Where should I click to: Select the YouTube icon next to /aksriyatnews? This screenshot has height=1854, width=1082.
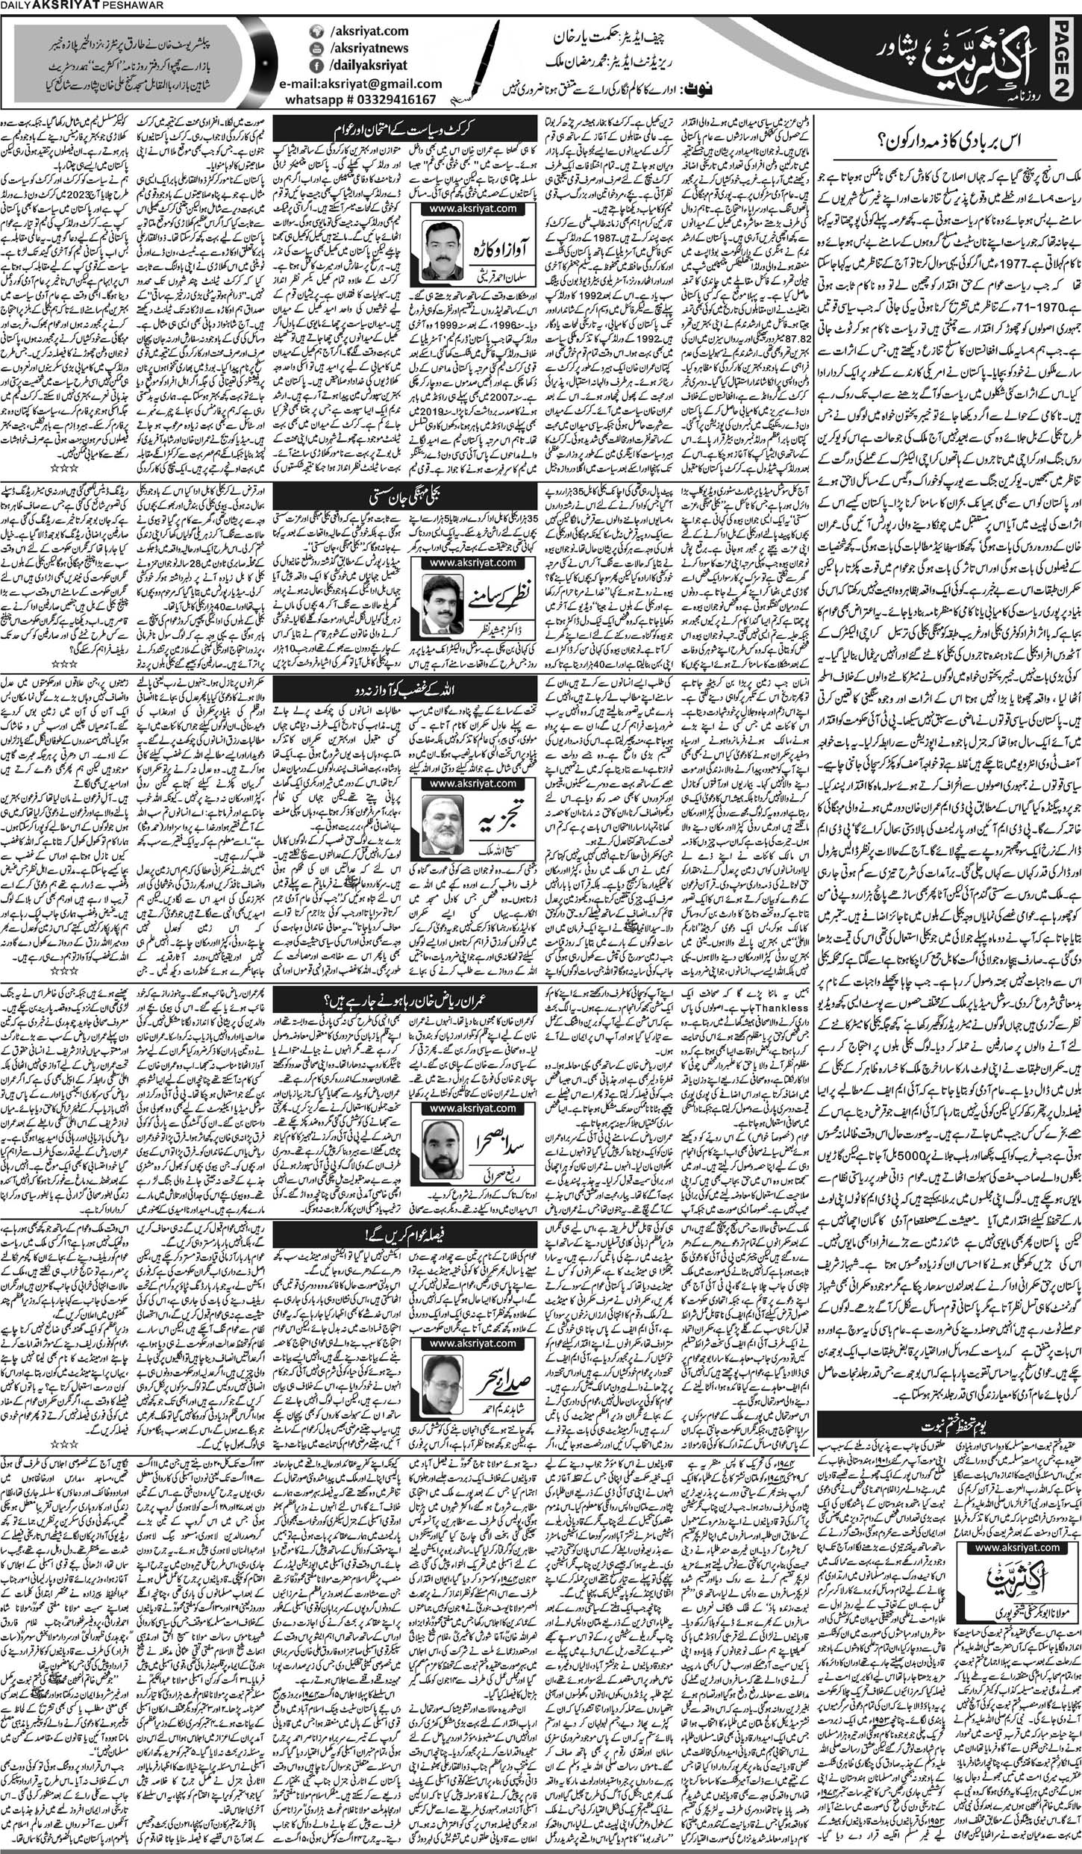pos(316,49)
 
